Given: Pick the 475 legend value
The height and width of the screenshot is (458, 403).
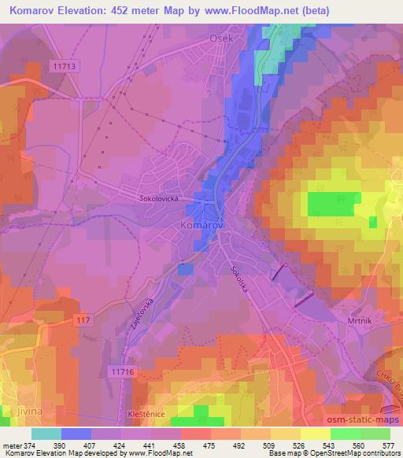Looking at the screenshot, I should [211, 445].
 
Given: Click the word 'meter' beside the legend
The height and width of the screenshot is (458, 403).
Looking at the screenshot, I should [11, 445].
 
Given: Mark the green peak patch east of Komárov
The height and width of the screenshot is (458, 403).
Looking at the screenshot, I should [328, 203].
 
